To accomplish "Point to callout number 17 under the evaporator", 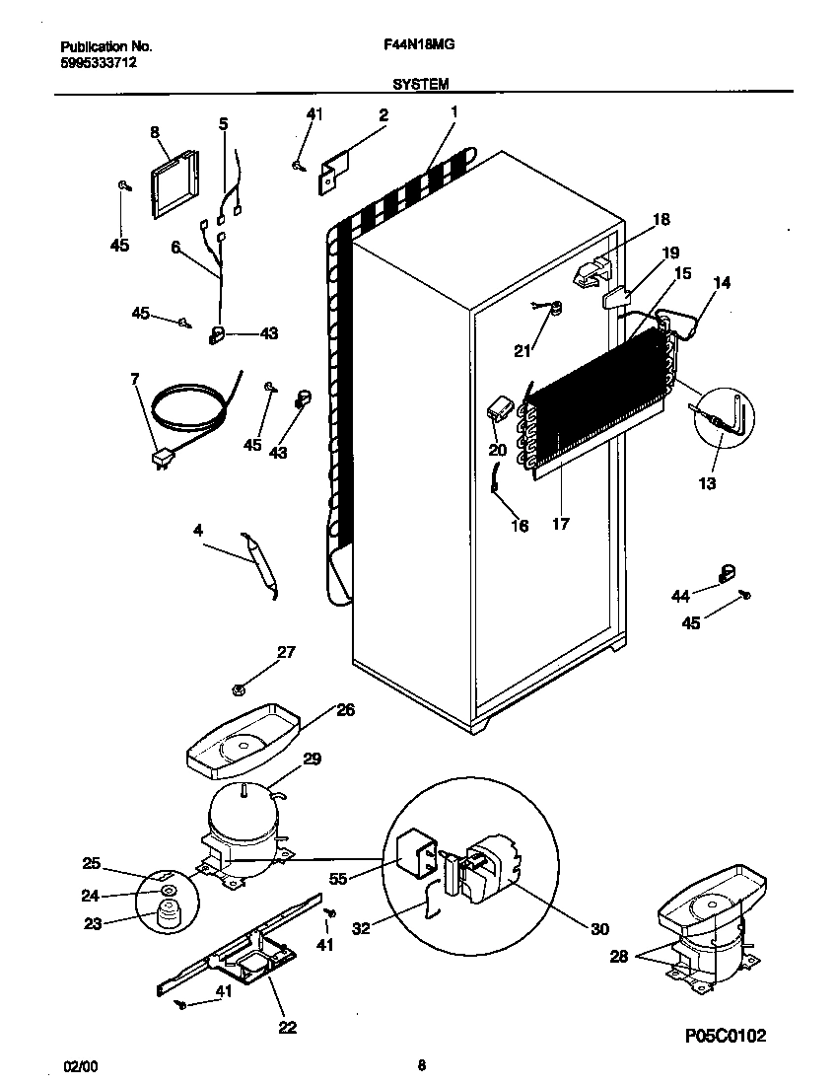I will [x=560, y=524].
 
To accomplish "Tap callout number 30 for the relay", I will [x=600, y=928].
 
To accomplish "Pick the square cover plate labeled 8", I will [x=174, y=182].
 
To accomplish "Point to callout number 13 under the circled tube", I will [x=707, y=483].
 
